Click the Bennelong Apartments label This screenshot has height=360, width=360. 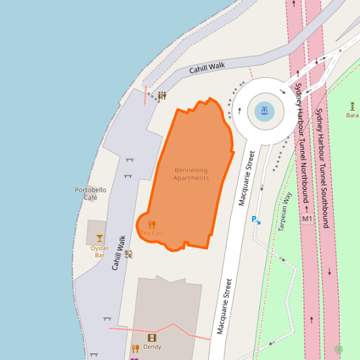(x=191, y=174)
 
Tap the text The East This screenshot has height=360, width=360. (x=152, y=233)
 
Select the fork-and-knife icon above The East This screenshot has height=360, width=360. (x=152, y=225)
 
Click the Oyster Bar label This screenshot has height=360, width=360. (x=99, y=251)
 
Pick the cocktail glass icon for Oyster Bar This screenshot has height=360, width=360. (x=99, y=238)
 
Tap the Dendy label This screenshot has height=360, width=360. (x=152, y=347)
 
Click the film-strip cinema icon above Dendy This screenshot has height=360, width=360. (x=152, y=338)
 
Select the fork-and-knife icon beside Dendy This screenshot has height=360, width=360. (x=135, y=348)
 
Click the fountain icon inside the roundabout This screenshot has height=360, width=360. (x=264, y=110)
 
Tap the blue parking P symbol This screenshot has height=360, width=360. (x=255, y=220)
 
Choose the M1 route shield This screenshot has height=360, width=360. (x=307, y=218)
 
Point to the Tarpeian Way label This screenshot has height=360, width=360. (x=285, y=211)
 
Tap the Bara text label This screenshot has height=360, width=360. (x=352, y=115)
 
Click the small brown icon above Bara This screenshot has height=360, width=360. (x=352, y=105)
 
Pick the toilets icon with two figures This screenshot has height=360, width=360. (x=162, y=96)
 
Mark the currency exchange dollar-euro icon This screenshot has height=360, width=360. (x=128, y=253)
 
